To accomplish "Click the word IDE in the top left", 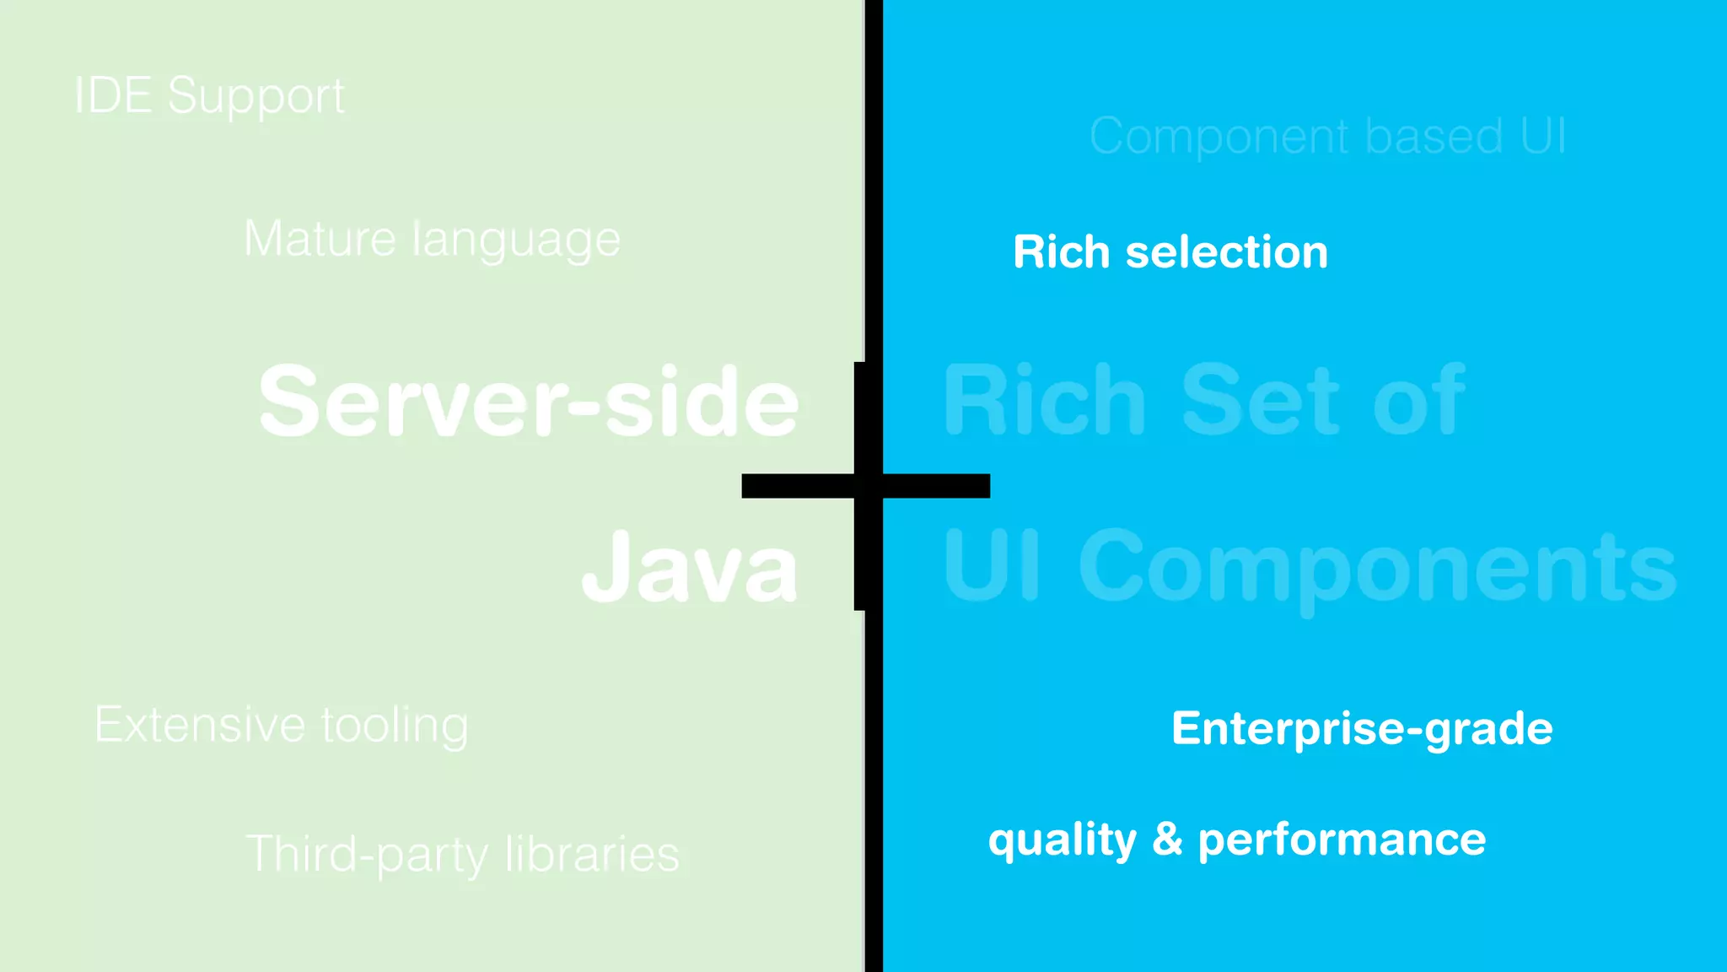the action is pos(113,94).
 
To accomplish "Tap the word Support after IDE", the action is pos(256,96).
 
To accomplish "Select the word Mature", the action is pos(320,239).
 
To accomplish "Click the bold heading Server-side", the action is pos(528,402).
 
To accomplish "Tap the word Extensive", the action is pos(200,724).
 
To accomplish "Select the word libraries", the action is pos(592,854).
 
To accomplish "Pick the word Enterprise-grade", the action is pos(1362,728).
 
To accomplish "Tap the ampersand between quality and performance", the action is pos(1167,839).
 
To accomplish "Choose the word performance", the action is pos(1342,840).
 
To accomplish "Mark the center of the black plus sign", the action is pos(867,486).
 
